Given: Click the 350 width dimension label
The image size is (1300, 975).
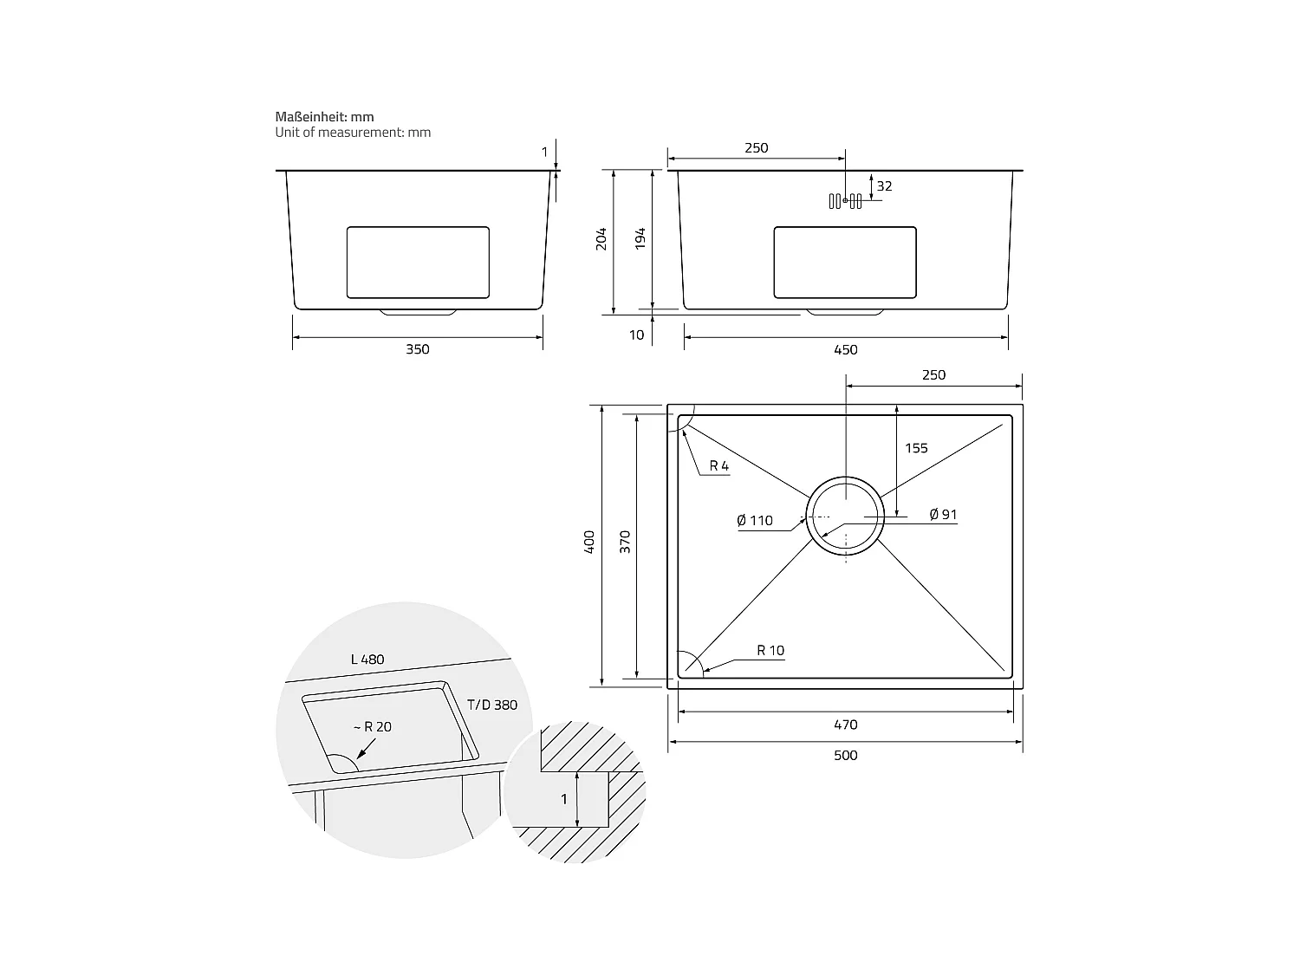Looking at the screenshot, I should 417,349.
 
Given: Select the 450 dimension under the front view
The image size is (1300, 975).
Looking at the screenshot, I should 845,350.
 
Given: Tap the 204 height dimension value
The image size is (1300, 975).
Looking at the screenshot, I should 601,239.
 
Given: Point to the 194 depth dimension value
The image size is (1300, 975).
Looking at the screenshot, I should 640,239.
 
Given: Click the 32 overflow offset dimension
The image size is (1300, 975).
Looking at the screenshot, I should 884,186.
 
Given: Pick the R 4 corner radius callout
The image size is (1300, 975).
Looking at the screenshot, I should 719,466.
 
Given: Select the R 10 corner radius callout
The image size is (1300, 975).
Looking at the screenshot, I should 770,651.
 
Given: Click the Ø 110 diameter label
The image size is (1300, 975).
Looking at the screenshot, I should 755,521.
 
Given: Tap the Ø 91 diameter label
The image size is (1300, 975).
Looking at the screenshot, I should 943,515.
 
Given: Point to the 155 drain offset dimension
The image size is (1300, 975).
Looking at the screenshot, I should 916,448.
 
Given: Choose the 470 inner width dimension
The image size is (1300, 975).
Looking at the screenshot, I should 845,725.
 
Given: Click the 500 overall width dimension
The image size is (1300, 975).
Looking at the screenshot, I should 845,755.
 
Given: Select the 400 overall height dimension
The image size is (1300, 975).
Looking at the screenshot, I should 590,543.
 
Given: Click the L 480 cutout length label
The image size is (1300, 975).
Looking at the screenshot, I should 367,660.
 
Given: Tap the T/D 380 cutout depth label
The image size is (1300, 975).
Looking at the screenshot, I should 492,705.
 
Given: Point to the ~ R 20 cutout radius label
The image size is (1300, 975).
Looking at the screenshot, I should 372,726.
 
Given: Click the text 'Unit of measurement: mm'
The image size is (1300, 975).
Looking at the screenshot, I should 353,133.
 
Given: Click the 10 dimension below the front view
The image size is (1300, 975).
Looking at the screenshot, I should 637,335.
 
